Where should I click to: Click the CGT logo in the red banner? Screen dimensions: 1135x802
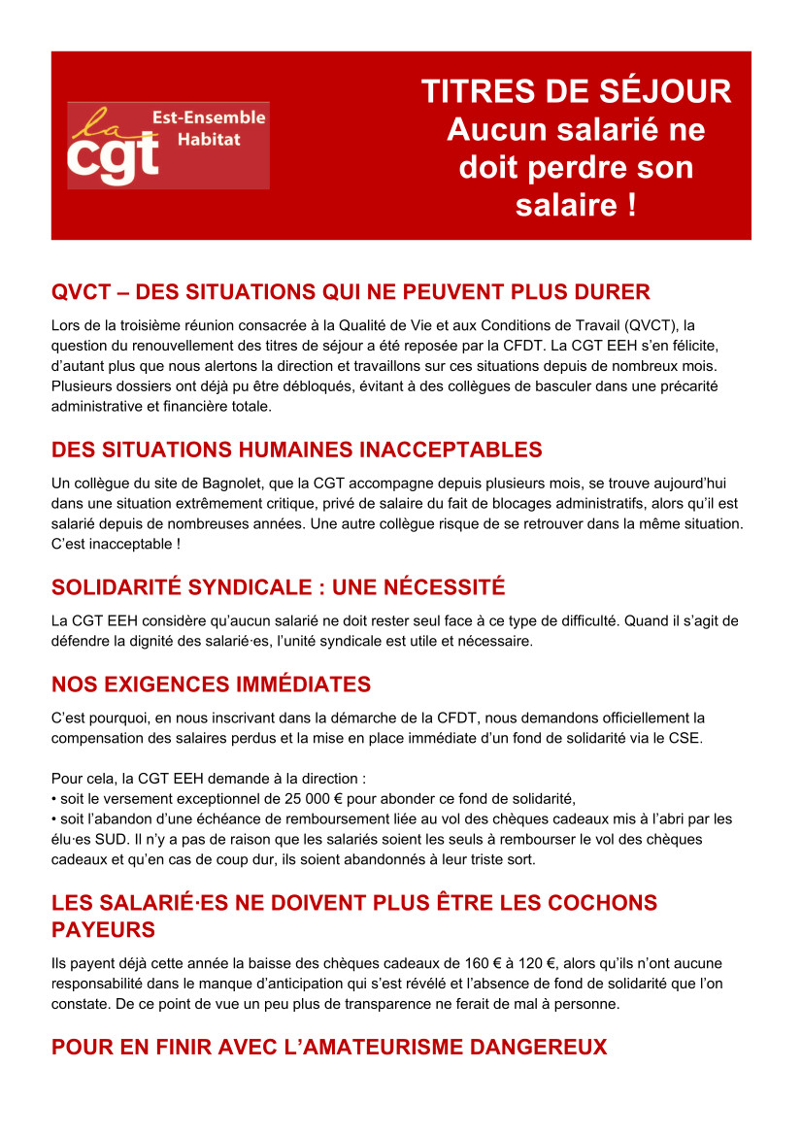point(168,146)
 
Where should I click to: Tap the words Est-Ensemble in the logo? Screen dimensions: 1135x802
point(209,117)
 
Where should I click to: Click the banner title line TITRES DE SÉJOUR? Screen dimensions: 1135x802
point(576,91)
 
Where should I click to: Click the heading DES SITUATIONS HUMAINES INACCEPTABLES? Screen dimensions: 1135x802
point(296,451)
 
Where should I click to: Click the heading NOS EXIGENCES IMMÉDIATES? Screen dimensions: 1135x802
point(211,684)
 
